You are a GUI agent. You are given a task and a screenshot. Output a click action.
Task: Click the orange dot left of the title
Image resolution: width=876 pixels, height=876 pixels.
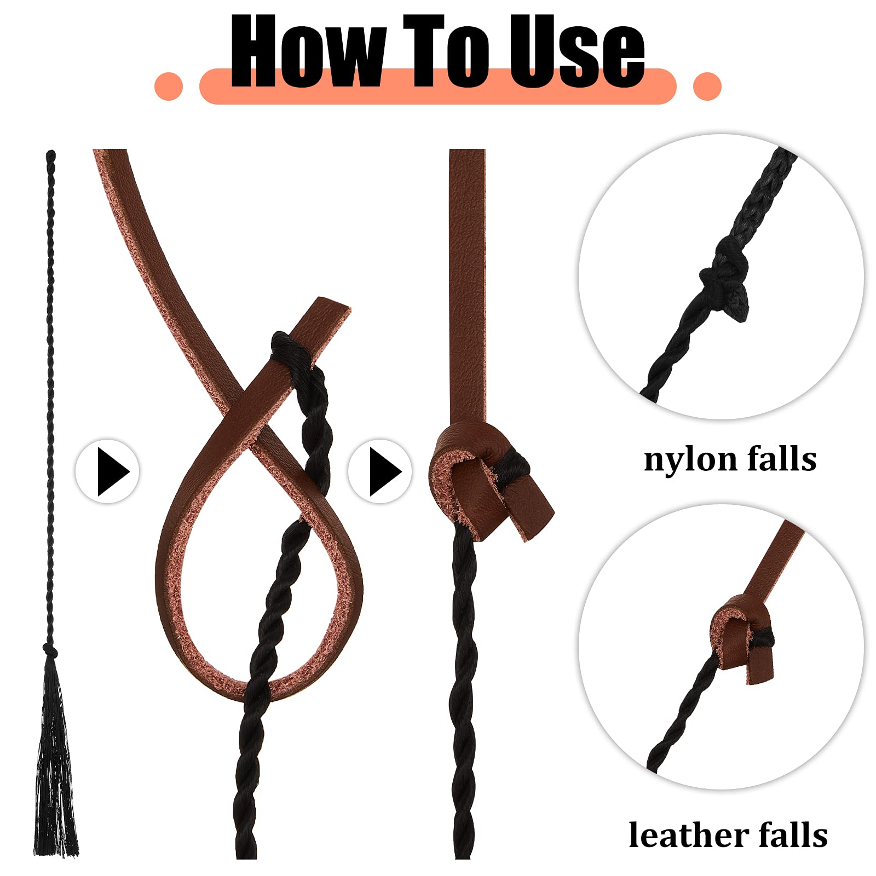(x=169, y=87)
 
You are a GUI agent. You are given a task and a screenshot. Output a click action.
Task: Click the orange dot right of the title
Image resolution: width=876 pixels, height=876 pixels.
(x=707, y=87)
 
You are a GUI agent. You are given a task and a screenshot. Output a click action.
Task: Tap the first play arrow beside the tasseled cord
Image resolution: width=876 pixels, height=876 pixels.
(x=108, y=471)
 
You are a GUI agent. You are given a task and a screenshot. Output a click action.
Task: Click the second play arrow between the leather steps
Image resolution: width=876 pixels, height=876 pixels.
(x=380, y=471)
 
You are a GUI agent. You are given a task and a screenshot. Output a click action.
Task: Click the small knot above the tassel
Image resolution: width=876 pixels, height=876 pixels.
(x=51, y=652)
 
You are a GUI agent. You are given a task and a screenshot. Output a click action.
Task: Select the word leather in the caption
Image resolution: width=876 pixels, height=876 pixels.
(x=688, y=836)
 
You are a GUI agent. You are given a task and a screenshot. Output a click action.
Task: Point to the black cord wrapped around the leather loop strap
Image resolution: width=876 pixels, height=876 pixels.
(x=290, y=350)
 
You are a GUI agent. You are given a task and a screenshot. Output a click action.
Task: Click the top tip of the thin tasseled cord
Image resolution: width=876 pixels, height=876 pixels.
(x=51, y=155)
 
